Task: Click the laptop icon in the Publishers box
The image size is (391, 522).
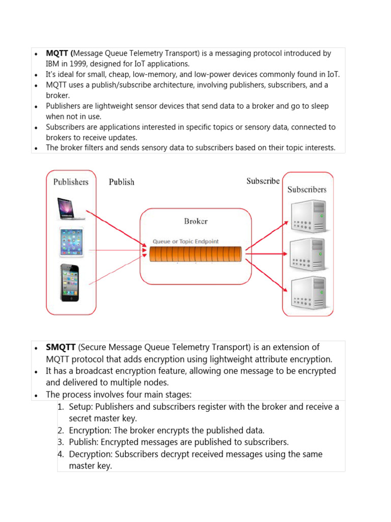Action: click(71, 208)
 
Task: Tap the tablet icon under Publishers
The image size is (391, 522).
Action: click(71, 242)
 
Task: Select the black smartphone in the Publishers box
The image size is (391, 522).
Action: click(70, 282)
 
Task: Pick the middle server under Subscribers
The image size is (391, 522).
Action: click(308, 253)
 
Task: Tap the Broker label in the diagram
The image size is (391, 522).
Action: click(195, 221)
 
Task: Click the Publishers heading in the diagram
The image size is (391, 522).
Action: click(71, 182)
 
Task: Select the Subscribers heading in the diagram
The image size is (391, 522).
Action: click(307, 189)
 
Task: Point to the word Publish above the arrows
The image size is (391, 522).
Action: click(122, 182)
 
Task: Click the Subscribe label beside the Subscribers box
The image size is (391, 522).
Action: click(263, 181)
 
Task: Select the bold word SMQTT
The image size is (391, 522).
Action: click(61, 348)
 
